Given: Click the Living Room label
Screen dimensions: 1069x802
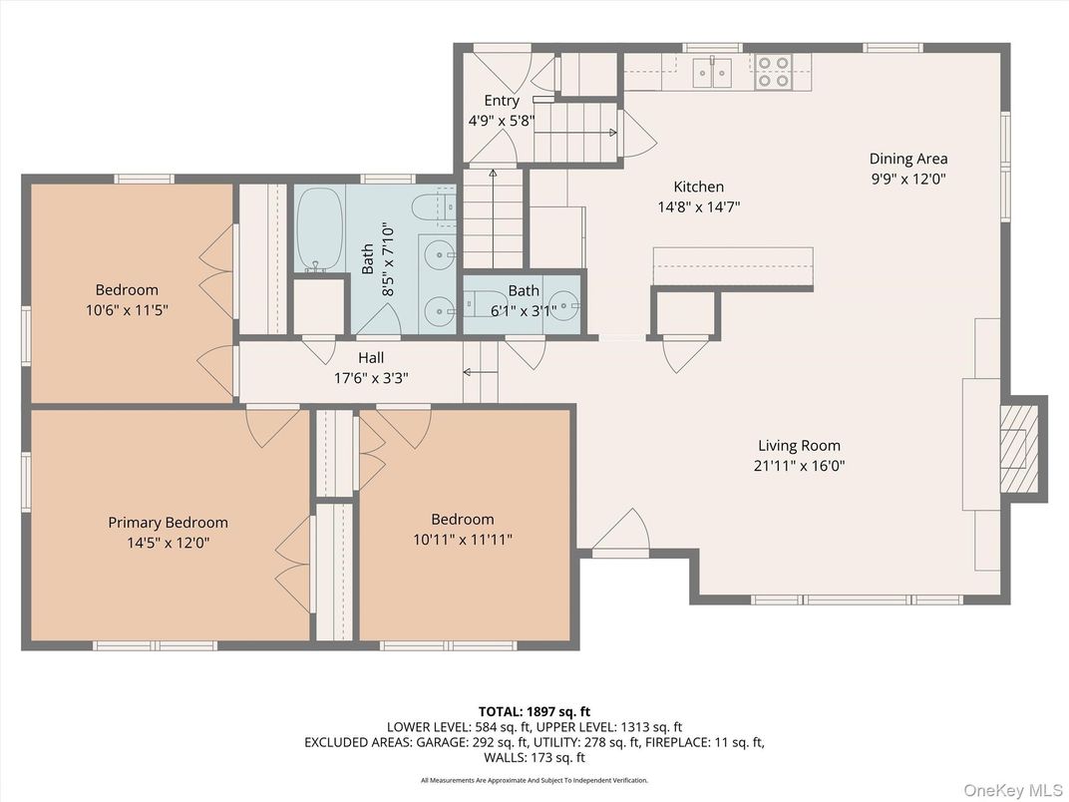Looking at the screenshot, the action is [799, 445].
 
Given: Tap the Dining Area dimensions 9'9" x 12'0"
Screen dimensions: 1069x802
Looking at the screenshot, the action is [908, 180].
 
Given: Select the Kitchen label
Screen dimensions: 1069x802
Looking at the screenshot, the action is [698, 187].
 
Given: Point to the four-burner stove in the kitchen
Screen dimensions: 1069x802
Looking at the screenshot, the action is [773, 72].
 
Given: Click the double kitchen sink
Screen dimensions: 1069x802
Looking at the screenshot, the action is [712, 73].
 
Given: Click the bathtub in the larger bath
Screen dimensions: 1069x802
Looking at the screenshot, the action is [319, 229].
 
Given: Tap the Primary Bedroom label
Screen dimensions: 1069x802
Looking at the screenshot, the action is [168, 523].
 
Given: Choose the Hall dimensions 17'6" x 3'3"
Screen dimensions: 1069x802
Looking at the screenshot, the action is [371, 378].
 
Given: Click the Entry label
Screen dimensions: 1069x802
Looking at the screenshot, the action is [502, 100].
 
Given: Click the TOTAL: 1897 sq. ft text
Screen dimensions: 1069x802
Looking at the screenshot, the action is [534, 712].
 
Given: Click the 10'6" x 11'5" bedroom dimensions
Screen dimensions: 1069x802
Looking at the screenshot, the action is [127, 310].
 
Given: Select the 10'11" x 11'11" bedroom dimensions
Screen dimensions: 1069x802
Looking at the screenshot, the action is [463, 540].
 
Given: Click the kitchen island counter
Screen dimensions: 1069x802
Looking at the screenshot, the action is [733, 267].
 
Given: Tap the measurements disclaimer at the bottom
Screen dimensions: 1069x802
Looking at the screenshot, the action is [534, 780].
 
